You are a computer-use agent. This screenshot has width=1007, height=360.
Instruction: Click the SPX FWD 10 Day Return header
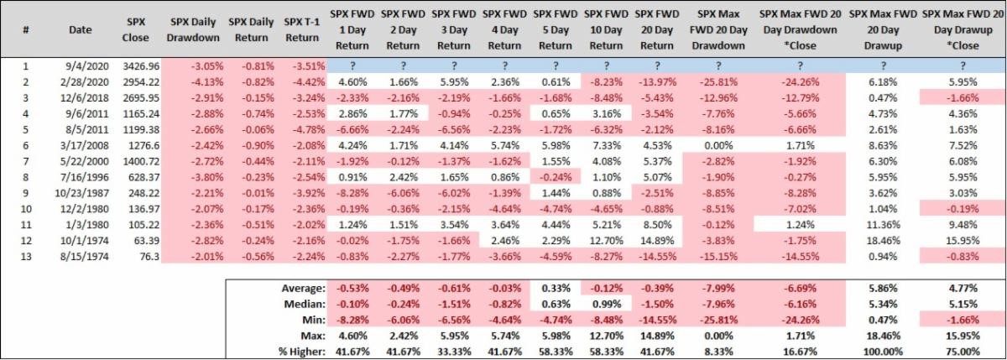[603, 28]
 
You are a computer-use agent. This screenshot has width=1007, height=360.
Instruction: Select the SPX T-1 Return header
[303, 28]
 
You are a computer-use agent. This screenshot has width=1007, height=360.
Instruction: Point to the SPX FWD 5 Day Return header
[554, 28]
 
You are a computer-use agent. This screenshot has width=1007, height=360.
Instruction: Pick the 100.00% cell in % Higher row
[877, 351]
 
